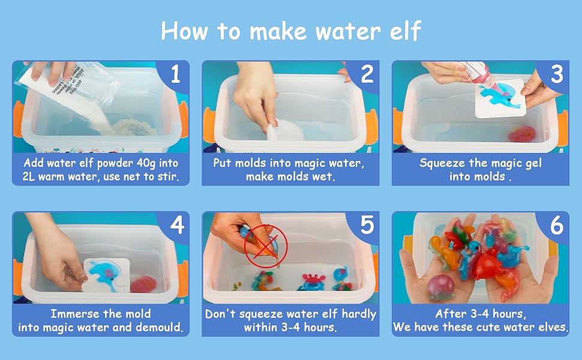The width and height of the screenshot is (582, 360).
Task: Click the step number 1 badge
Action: point(175,74)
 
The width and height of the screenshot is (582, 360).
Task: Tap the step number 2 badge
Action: point(367,74)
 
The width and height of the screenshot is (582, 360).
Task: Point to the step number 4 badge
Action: point(176,225)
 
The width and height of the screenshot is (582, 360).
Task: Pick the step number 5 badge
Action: point(367,225)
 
